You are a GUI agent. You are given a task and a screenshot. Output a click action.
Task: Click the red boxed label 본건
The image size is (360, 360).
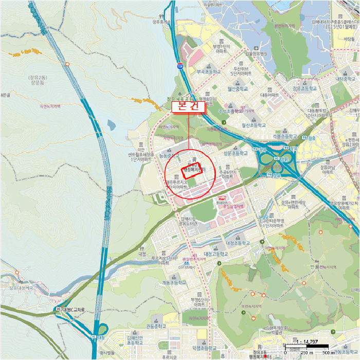[188, 106]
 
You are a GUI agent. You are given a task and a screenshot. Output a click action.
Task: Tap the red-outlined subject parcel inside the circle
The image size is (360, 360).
[191, 171]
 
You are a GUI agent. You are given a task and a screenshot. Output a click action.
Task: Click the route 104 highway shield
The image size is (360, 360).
[179, 66]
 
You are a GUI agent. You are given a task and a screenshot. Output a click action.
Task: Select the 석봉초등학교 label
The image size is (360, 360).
[283, 137]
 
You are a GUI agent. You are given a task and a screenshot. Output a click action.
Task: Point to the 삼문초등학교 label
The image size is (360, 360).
[236, 153]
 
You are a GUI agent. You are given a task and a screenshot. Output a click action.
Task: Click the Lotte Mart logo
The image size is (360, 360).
[222, 197]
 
